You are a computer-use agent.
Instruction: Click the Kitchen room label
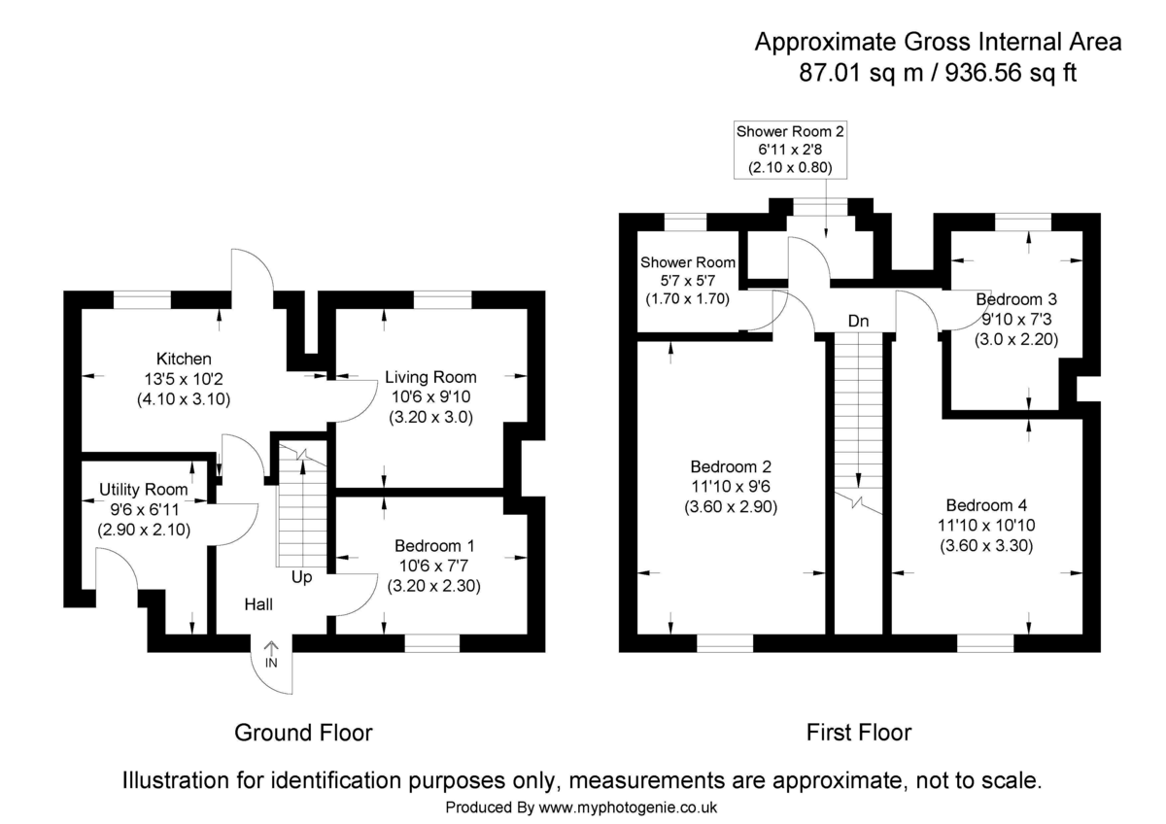pyautogui.click(x=184, y=360)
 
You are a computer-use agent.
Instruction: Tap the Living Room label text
pyautogui.click(x=430, y=377)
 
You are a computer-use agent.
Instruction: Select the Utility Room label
pyautogui.click(x=144, y=490)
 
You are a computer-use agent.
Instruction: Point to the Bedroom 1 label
pyautogui.click(x=435, y=546)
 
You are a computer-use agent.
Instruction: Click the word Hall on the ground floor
pyautogui.click(x=258, y=604)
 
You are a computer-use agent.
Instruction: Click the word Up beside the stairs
pyautogui.click(x=302, y=577)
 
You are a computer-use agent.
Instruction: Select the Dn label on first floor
pyautogui.click(x=858, y=321)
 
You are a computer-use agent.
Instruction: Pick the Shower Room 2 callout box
pyautogui.click(x=790, y=150)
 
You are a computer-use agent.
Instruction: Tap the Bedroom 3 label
pyautogui.click(x=1016, y=299)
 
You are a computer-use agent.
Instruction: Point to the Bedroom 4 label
pyautogui.click(x=985, y=505)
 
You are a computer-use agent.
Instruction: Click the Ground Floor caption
pyautogui.click(x=303, y=732)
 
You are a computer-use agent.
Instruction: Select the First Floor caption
pyautogui.click(x=859, y=732)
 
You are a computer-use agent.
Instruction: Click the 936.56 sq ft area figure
pyautogui.click(x=1013, y=73)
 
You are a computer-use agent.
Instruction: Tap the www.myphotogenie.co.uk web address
pyautogui.click(x=628, y=807)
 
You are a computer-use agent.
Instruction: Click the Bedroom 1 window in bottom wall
pyautogui.click(x=432, y=642)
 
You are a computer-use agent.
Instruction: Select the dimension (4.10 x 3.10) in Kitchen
pyautogui.click(x=184, y=398)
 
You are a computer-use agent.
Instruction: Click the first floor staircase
pyautogui.click(x=858, y=418)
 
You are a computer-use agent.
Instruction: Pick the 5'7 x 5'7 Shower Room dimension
pyautogui.click(x=687, y=281)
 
